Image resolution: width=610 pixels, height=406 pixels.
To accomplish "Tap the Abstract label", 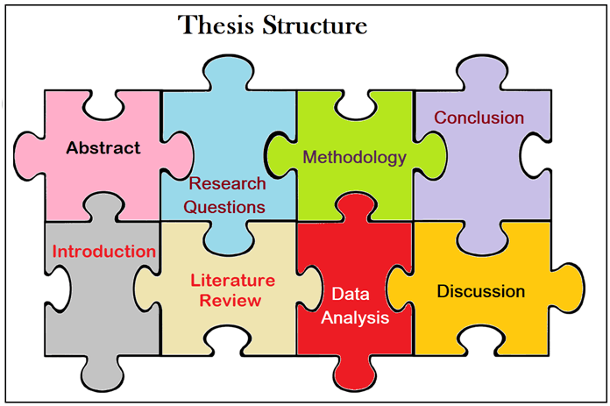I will [103, 147].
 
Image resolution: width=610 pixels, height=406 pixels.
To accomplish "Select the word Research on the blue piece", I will [227, 184].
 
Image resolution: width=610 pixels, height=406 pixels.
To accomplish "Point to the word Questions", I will [227, 207].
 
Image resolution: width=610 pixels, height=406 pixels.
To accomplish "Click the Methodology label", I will [355, 158].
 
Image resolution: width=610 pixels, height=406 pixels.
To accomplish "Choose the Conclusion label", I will [479, 118].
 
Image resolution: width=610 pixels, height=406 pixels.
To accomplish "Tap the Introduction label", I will [104, 252].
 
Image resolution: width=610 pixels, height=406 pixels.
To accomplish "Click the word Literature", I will [233, 281].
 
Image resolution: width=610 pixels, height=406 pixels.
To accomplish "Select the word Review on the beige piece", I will [231, 301].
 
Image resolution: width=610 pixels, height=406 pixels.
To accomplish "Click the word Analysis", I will [354, 317].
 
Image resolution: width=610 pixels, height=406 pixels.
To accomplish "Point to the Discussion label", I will [481, 291].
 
